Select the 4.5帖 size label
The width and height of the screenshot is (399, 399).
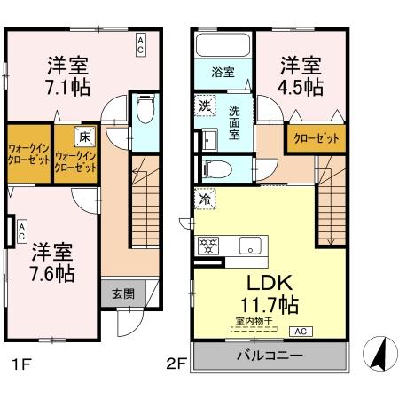[302, 87]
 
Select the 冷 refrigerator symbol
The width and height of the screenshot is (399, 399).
[204, 201]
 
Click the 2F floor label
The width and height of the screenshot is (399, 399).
[176, 363]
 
